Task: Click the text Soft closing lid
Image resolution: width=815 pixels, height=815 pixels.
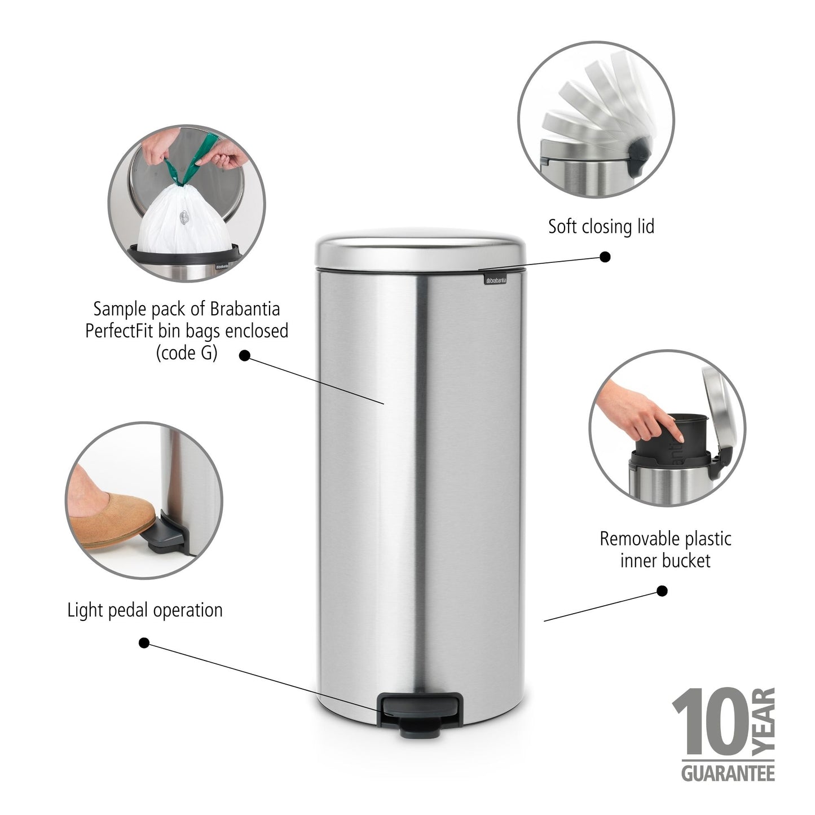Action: (x=601, y=227)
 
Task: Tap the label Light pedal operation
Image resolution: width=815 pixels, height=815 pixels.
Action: (x=145, y=610)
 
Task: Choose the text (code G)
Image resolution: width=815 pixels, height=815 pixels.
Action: (x=186, y=353)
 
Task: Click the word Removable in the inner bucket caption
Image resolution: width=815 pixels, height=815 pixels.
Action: (x=636, y=539)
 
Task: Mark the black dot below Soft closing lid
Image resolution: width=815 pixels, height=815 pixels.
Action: (x=605, y=257)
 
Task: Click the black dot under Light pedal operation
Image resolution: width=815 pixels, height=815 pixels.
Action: (x=144, y=642)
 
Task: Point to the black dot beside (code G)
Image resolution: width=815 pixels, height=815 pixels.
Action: (x=245, y=355)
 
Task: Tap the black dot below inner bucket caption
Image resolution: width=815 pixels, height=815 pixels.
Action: (x=662, y=591)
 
